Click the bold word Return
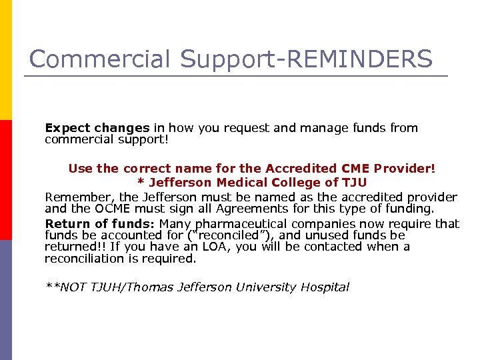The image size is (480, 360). (67, 224)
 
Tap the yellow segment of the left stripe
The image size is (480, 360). (5, 60)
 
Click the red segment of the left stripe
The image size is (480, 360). (5, 180)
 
